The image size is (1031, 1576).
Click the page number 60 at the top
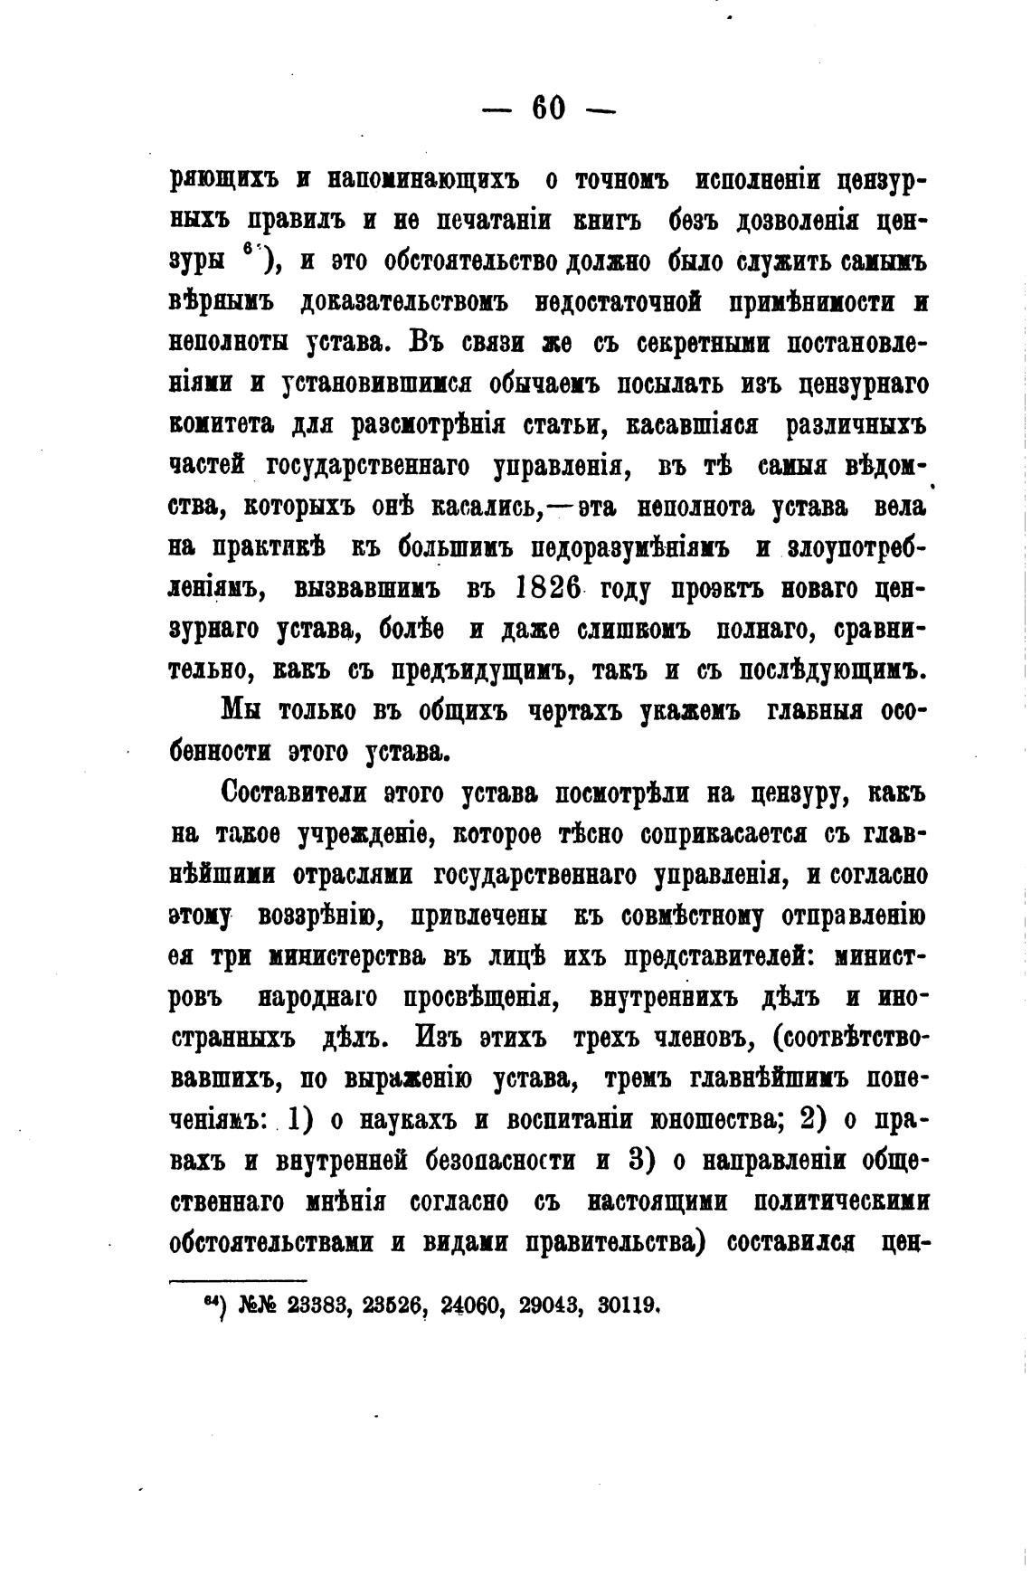point(548,109)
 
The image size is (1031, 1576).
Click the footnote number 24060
point(476,1305)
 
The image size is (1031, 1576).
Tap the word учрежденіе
point(363,835)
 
